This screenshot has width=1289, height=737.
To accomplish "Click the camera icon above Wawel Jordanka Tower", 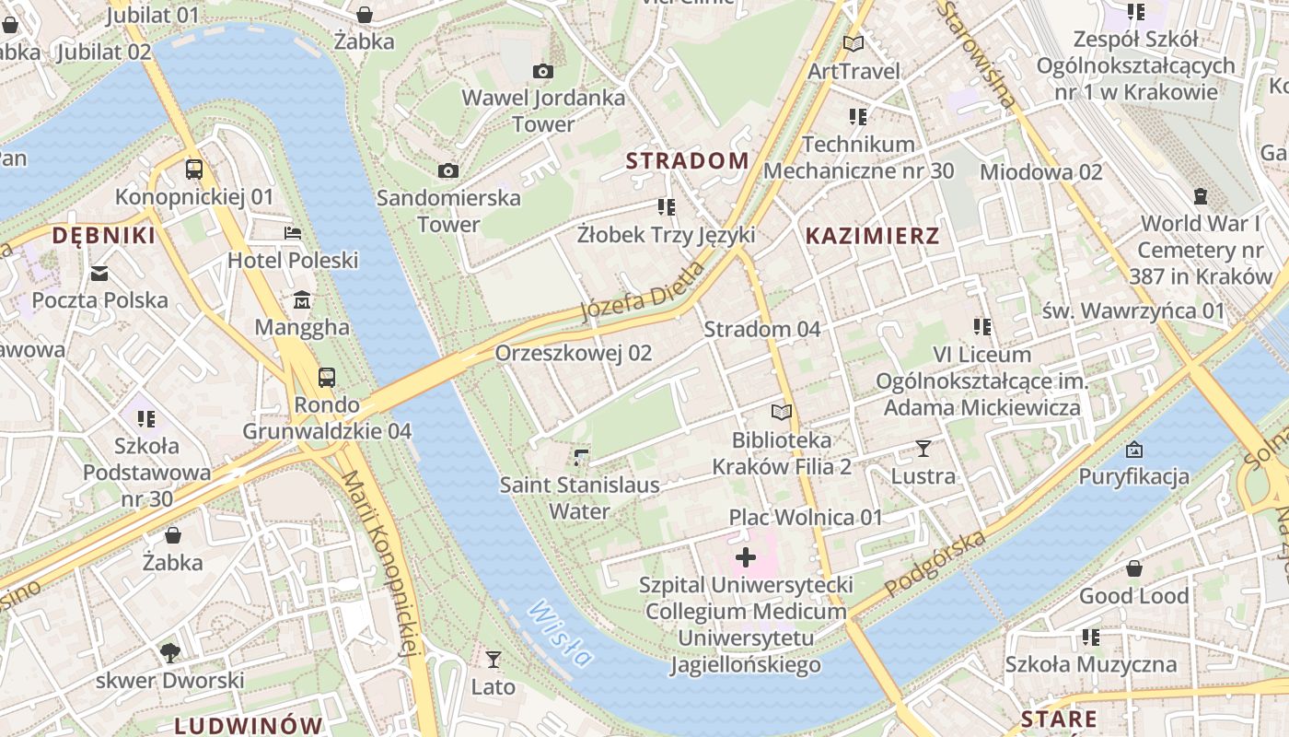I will coord(543,71).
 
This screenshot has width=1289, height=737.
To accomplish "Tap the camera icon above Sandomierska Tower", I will coord(448,170).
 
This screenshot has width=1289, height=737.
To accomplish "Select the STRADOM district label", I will coord(687,160).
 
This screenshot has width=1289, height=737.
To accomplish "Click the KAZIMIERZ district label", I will coord(872,236).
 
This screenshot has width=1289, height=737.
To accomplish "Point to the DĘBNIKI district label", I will coord(103,236).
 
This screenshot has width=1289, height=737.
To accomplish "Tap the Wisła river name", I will coord(560,633).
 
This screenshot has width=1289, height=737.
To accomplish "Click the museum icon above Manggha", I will coord(302,300).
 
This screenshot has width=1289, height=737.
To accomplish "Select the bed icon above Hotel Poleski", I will coord(293,233).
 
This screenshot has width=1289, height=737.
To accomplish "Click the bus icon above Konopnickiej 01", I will coord(194,170).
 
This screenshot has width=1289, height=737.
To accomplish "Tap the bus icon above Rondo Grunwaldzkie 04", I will coord(327,377).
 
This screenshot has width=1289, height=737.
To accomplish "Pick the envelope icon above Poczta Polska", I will coord(99,273).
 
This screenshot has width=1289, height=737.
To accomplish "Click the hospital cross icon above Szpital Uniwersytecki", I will coord(746,557).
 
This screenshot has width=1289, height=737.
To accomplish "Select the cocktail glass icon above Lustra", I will coord(923,449).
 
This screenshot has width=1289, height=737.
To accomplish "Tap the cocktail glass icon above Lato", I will coord(494,659).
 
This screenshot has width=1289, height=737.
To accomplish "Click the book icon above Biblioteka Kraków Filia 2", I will coord(782,412).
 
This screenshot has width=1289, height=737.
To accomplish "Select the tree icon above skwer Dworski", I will coord(169,652).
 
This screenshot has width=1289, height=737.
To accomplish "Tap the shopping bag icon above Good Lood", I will coord(1133,568).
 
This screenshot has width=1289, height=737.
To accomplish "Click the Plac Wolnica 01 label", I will coord(806,518).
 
